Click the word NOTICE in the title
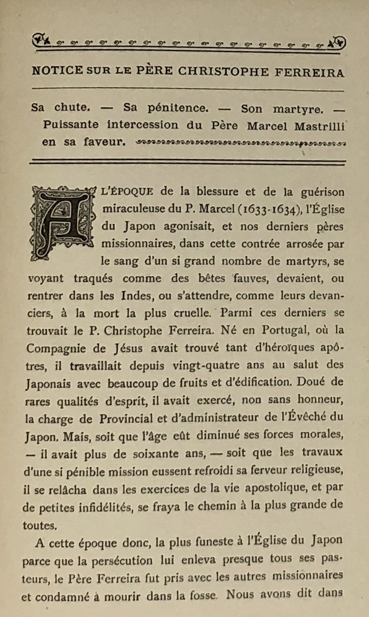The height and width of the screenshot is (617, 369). [x=57, y=70]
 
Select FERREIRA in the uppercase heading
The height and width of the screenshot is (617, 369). [x=309, y=72]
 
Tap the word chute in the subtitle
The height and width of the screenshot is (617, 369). [x=72, y=107]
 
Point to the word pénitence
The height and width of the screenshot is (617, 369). [x=178, y=108]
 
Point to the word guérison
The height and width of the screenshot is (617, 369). [x=323, y=192]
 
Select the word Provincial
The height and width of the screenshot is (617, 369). [x=126, y=418]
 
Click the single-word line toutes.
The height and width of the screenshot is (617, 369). [x=40, y=525]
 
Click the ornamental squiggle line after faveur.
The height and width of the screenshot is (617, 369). [x=240, y=142]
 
